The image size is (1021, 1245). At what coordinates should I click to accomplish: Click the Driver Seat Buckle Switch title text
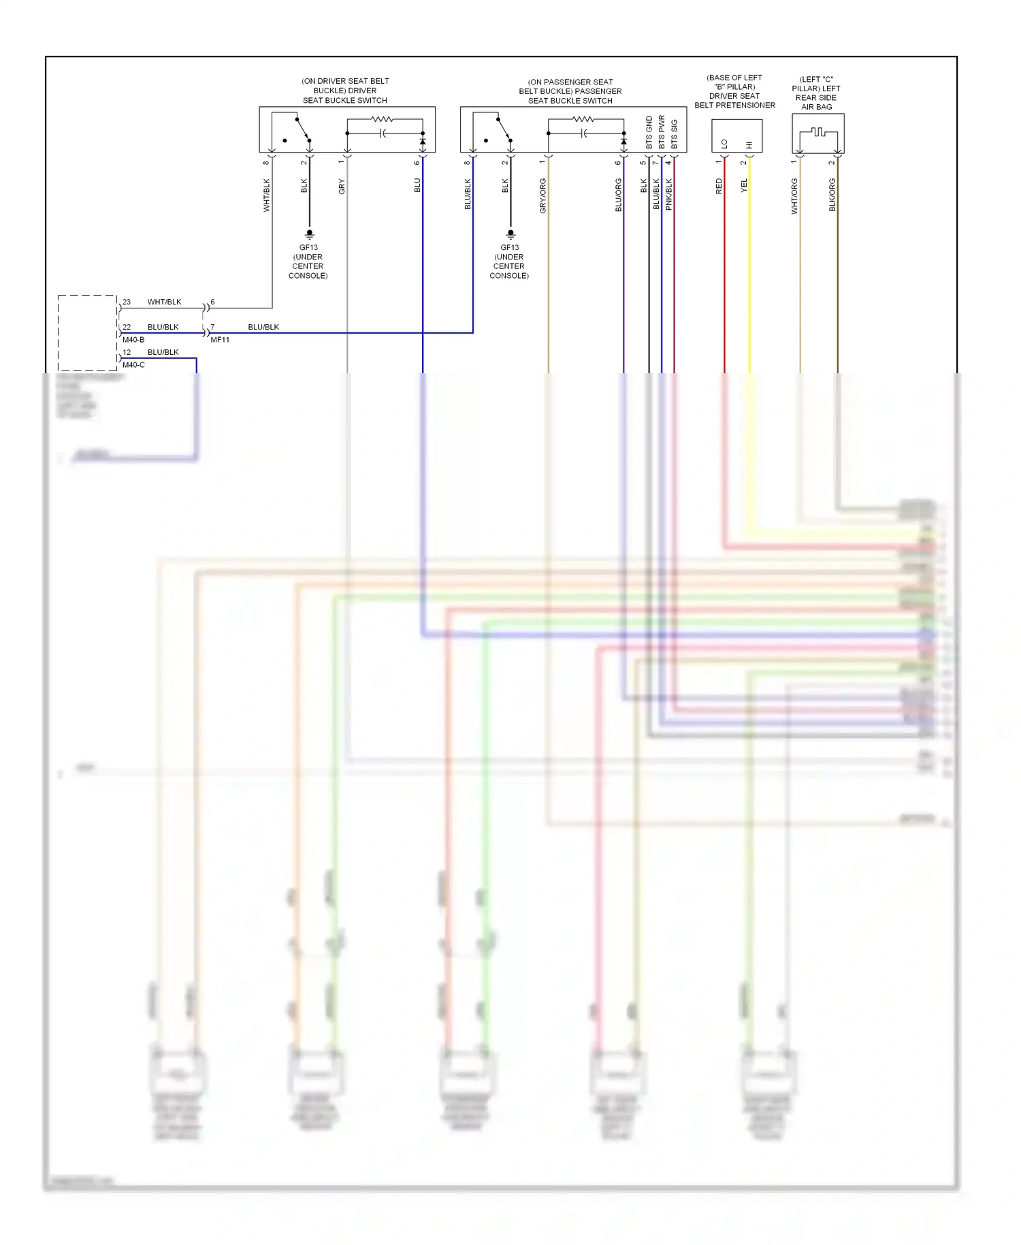(345, 91)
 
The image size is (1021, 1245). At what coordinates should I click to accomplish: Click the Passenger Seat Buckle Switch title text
(570, 91)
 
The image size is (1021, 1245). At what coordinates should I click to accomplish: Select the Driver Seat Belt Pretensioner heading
(734, 91)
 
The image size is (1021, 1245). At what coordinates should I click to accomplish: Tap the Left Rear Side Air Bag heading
(816, 93)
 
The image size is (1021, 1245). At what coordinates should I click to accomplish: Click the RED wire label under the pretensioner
(719, 187)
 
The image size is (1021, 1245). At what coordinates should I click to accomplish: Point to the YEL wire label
(744, 185)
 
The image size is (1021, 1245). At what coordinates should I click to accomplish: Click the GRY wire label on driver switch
(342, 187)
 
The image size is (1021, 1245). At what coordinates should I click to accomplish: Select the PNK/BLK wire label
(668, 194)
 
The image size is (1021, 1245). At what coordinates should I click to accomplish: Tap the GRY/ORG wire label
(542, 195)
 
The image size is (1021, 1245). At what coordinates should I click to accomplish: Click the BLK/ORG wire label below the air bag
(832, 195)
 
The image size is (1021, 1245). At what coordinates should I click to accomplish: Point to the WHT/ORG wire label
(794, 196)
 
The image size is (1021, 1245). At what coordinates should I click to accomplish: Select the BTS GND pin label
(649, 133)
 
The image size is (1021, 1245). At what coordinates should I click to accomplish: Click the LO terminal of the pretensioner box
(724, 144)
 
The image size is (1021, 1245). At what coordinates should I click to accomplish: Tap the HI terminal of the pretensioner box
(749, 144)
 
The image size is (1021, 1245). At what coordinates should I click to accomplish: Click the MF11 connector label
(220, 339)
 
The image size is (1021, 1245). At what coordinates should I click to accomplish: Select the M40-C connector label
(133, 364)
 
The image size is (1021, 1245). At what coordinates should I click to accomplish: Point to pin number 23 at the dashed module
(127, 302)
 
